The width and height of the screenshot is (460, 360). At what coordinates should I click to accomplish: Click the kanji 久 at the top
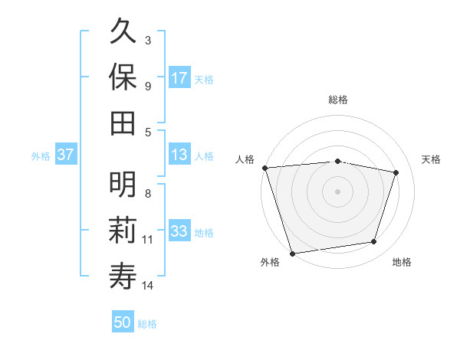pyautogui.click(x=123, y=33)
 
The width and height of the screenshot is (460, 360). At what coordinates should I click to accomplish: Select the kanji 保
pyautogui.click(x=123, y=77)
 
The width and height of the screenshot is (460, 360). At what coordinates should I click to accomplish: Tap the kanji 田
pyautogui.click(x=123, y=121)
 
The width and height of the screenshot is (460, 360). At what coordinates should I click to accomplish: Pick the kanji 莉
pyautogui.click(x=123, y=229)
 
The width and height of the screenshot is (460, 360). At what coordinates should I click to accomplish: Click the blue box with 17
pyautogui.click(x=179, y=78)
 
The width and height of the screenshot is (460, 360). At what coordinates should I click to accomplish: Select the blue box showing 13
pyautogui.click(x=179, y=155)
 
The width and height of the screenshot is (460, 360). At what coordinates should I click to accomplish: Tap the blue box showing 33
pyautogui.click(x=179, y=232)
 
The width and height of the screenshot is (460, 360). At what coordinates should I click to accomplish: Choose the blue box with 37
pyautogui.click(x=65, y=155)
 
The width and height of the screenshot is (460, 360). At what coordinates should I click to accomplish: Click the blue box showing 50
pyautogui.click(x=123, y=323)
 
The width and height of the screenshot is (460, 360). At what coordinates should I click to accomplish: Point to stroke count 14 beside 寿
pyautogui.click(x=148, y=286)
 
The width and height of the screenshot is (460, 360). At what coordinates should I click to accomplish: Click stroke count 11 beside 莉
pyautogui.click(x=148, y=240)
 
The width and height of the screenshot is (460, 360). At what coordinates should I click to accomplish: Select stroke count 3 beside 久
pyautogui.click(x=148, y=40)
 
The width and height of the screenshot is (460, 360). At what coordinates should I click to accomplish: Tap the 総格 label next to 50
pyautogui.click(x=147, y=324)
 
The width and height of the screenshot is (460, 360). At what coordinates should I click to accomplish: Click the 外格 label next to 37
pyautogui.click(x=41, y=156)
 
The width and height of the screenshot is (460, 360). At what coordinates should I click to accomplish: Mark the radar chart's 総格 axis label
pyautogui.click(x=337, y=100)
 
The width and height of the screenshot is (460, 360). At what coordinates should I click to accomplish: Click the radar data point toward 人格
pyautogui.click(x=264, y=167)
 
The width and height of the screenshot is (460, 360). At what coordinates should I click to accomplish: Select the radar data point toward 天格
pyautogui.click(x=396, y=172)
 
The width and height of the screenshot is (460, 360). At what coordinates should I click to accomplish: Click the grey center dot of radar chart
pyautogui.click(x=337, y=191)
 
